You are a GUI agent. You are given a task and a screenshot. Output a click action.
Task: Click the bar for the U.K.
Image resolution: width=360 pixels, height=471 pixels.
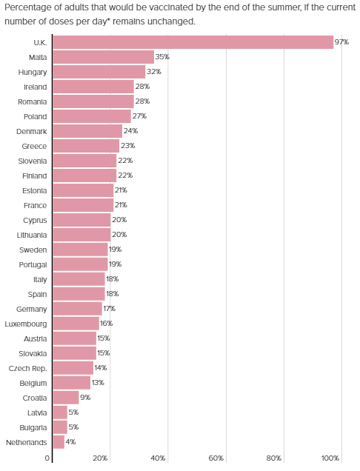pyautogui.click(x=193, y=42)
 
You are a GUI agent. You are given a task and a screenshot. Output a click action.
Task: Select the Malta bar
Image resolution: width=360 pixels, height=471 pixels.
pyautogui.click(x=104, y=57)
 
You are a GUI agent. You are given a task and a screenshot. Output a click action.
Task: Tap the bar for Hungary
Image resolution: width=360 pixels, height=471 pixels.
pyautogui.click(x=99, y=72)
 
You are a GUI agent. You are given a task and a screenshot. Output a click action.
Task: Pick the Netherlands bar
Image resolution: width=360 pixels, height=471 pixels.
pyautogui.click(x=59, y=442)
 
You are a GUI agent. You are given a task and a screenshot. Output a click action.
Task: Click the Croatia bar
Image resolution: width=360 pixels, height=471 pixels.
pyautogui.click(x=66, y=398)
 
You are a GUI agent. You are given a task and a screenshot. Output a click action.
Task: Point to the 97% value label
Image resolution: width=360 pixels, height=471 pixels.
pyautogui.click(x=341, y=42)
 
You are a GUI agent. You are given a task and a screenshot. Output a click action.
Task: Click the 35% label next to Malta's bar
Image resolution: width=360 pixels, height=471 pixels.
pyautogui.click(x=162, y=57)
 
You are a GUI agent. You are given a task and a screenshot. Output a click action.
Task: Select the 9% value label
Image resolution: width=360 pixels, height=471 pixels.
pyautogui.click(x=85, y=398)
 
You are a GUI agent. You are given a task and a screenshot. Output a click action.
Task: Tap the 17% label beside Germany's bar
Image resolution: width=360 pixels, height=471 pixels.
pyautogui.click(x=110, y=309)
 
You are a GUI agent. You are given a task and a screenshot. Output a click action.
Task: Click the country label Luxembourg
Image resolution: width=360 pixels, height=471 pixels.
pyautogui.click(x=26, y=324)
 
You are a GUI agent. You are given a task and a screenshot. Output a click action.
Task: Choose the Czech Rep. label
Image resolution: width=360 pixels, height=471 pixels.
pyautogui.click(x=27, y=369)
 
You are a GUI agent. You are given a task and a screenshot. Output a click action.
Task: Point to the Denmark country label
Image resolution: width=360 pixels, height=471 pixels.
pyautogui.click(x=32, y=131)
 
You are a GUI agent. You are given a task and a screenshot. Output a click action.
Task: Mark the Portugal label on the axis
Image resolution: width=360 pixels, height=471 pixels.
pyautogui.click(x=33, y=265)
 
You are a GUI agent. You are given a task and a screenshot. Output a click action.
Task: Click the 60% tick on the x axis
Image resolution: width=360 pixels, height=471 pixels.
pyautogui.click(x=216, y=458)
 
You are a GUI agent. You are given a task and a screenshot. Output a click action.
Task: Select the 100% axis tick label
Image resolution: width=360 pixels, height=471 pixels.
pyautogui.click(x=330, y=458)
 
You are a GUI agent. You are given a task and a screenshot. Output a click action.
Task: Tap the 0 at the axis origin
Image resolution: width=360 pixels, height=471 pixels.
pyautogui.click(x=47, y=458)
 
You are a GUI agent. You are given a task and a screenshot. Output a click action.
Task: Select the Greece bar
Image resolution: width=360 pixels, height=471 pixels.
pyautogui.click(x=86, y=146)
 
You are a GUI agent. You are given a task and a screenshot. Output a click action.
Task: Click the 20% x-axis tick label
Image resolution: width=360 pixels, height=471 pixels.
pyautogui.click(x=100, y=458)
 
